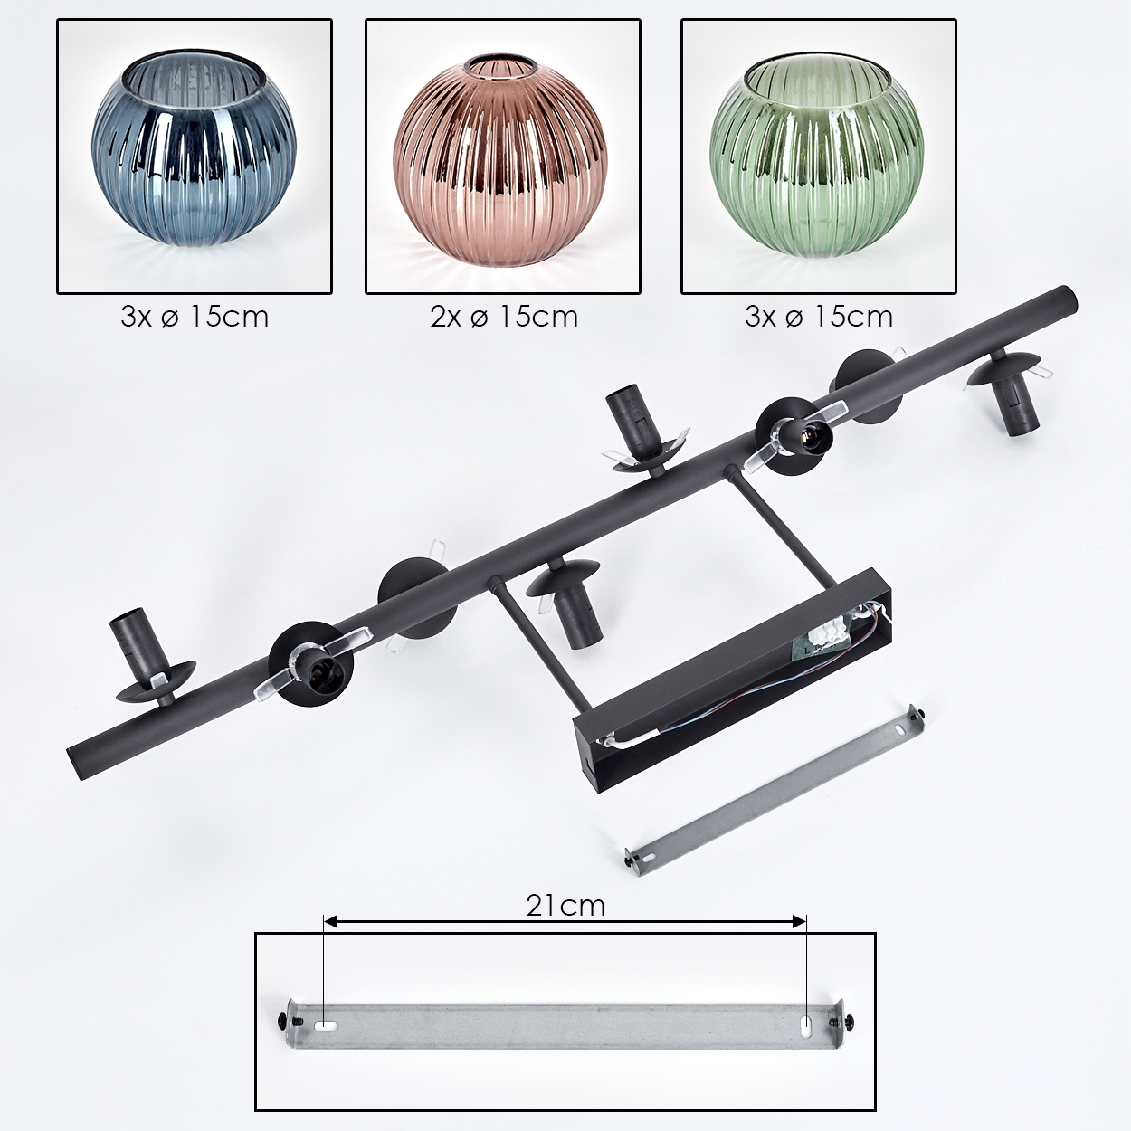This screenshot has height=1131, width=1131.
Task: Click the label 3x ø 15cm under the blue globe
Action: pos(195,317)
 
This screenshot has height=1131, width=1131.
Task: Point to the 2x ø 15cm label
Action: pos(504,317)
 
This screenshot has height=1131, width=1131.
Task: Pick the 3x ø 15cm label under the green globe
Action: pos(819,317)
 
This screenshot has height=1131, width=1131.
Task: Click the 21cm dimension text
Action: pos(565,905)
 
